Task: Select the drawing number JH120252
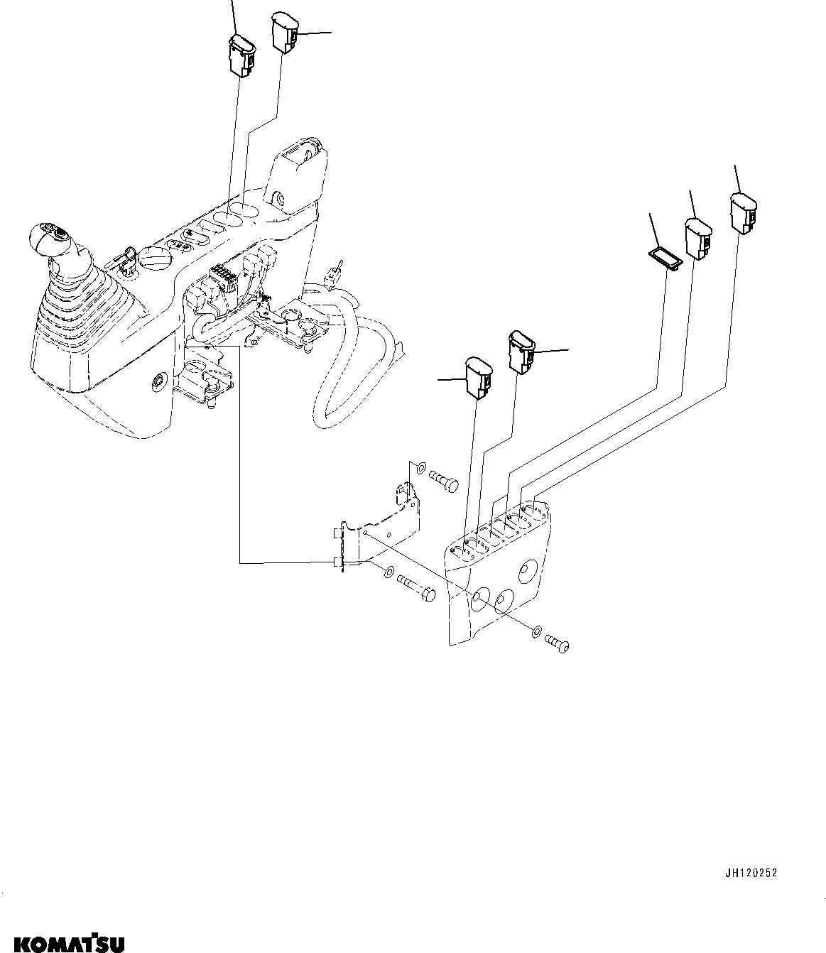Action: [751, 873]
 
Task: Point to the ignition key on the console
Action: [121, 261]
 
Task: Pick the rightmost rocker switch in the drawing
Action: [742, 213]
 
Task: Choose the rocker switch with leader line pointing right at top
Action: [283, 33]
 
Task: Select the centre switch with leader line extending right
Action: [521, 352]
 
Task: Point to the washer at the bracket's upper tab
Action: [420, 468]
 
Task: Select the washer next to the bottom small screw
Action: [538, 630]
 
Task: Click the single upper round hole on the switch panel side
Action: [527, 570]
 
